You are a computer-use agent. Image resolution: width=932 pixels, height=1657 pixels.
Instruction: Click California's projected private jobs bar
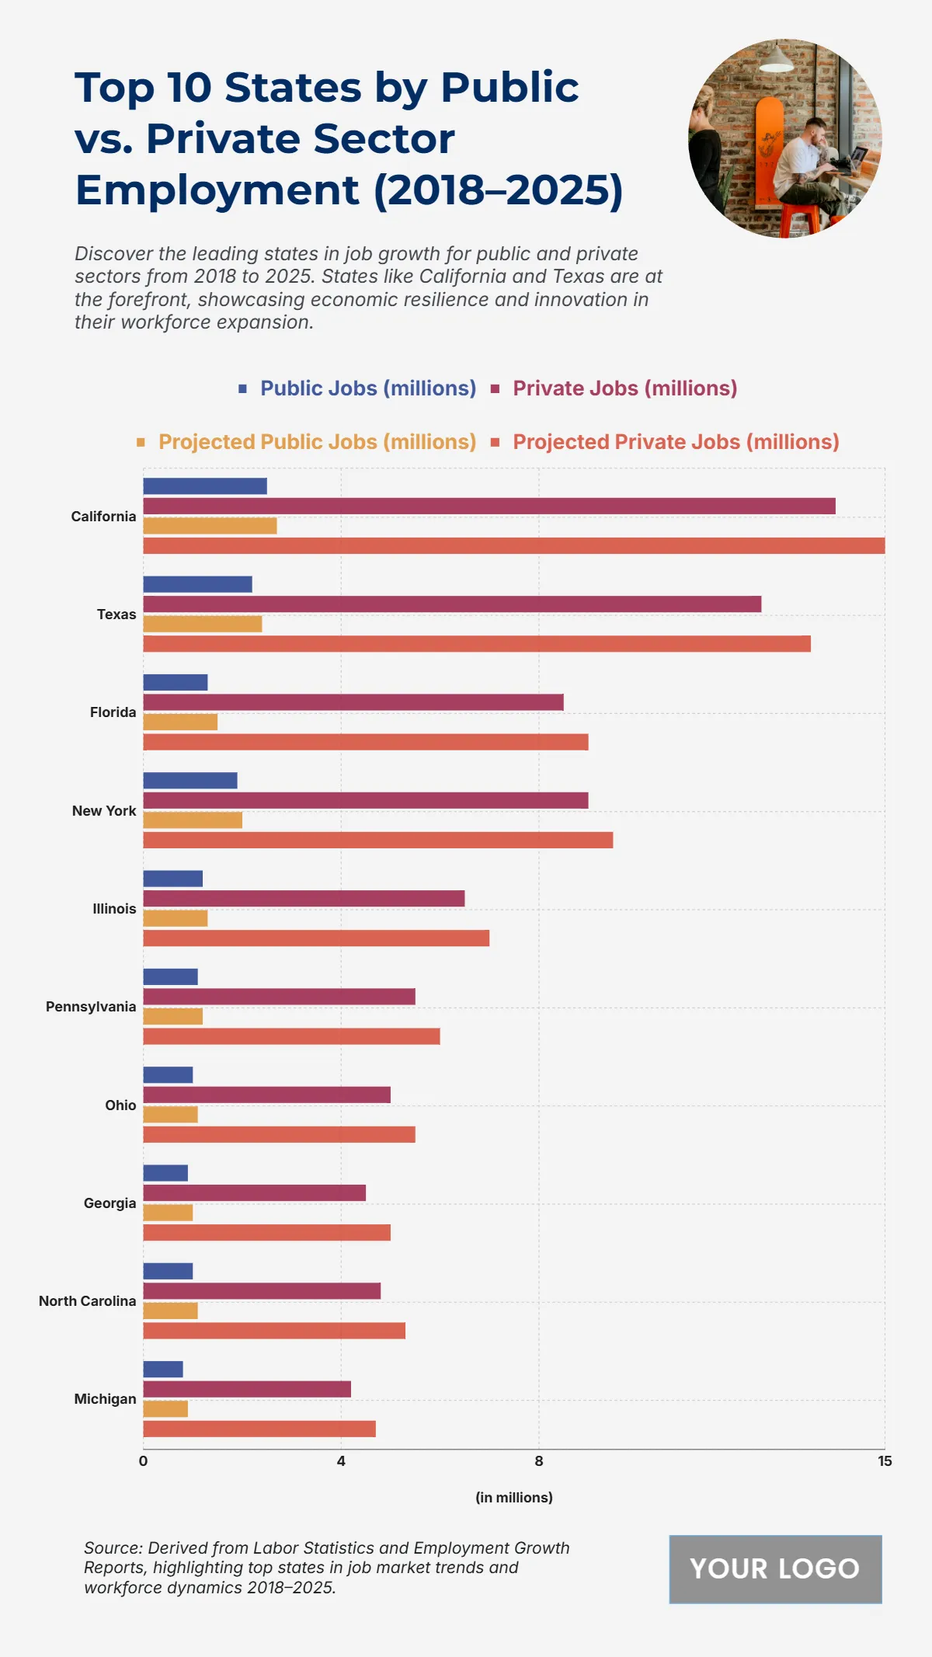coord(513,545)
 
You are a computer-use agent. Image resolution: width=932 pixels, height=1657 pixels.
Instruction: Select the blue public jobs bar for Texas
coord(197,584)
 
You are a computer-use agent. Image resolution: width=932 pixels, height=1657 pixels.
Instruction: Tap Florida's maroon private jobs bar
coord(353,702)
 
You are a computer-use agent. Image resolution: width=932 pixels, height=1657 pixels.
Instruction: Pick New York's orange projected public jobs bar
coord(192,820)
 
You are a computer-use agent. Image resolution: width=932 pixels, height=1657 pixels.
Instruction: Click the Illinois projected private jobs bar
coord(315,938)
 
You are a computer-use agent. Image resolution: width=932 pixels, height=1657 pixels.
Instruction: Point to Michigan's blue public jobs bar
coord(162,1370)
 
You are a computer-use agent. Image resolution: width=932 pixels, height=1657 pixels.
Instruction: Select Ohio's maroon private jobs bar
coord(266,1095)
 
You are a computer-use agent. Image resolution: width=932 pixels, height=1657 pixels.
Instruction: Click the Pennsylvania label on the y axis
coord(91,1007)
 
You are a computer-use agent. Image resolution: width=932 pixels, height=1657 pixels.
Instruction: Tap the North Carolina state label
coord(87,1301)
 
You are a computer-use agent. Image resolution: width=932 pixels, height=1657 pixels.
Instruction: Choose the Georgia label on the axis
coord(110,1203)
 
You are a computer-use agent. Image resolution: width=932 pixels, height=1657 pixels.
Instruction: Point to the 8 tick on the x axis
coord(539,1461)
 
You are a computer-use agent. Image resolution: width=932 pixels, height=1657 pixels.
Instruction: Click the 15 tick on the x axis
coord(885,1461)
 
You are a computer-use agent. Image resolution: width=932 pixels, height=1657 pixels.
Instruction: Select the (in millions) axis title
coord(513,1498)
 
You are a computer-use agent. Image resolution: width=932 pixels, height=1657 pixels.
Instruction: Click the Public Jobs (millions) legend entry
coord(367,388)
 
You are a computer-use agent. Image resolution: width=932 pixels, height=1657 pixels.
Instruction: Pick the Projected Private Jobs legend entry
coord(675,442)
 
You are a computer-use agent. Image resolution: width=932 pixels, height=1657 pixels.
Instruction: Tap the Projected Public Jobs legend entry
coord(316,442)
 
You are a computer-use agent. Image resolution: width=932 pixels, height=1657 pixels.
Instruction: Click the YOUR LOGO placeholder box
coord(775,1569)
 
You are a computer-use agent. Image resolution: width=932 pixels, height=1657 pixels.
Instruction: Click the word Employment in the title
coord(217,190)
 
